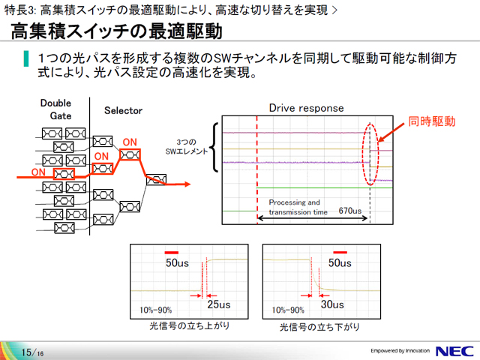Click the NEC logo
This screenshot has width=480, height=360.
pos(455,351)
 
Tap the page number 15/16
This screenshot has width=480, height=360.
pos(32,352)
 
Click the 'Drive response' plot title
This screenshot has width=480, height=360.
pos(307,108)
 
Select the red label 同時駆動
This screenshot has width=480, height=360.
pos(432,121)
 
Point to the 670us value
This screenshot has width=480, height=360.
pos(350,211)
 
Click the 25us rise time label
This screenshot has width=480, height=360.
pos(218,304)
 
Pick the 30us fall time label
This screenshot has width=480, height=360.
pos(332,304)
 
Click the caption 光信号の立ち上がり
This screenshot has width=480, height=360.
pos(190,325)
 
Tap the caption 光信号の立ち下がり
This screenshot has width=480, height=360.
pos(319,327)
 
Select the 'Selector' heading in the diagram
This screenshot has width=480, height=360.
pos(123,110)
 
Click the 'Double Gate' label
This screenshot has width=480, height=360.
pos(56,109)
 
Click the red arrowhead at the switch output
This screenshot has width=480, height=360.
pos(187,184)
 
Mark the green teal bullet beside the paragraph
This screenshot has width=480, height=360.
pos(26,58)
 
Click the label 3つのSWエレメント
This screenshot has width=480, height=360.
pos(187,147)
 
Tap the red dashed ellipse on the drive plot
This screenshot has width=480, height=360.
pos(363,153)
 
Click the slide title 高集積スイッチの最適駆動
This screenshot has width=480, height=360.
pos(116,31)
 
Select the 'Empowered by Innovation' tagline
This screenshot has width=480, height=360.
pos(400,351)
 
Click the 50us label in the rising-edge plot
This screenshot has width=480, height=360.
pos(177,263)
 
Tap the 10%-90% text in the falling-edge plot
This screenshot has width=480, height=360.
pos(288,310)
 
